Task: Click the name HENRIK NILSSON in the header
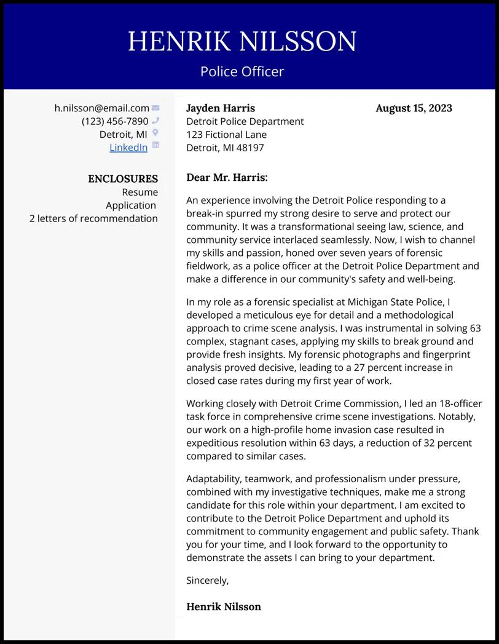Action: pos(242,42)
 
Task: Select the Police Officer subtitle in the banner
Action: pos(242,71)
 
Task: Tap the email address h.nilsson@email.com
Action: pos(102,108)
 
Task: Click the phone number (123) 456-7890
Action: pos(115,121)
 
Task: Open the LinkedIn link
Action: pos(128,147)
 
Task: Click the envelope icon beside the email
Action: pos(155,108)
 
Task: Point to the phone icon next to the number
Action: pos(155,121)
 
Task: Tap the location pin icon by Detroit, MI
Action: pos(155,133)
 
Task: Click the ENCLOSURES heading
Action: pos(123,179)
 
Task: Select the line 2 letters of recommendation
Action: pos(93,218)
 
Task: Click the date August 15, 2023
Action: pos(414,108)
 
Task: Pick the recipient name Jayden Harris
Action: pos(221,108)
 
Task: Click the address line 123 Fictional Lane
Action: pos(226,135)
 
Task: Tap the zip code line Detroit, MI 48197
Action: pos(225,148)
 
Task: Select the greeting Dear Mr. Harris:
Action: pos(227,178)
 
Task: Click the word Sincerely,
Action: pos(207,580)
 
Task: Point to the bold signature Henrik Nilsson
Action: pos(224,606)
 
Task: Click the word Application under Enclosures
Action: pos(131,205)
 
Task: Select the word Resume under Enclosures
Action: pos(140,192)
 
